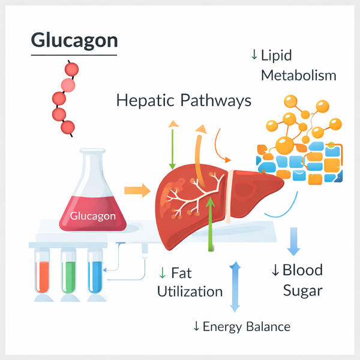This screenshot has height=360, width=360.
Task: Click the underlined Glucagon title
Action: coord(74,41)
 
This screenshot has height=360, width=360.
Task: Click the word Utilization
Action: coord(190,292)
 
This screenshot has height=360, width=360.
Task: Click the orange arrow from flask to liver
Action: coord(137,191)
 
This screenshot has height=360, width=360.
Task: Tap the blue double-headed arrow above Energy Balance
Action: coord(235,286)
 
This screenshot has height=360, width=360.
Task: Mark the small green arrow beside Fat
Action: coord(162,273)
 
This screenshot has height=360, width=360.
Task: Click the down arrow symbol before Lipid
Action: coord(254,55)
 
